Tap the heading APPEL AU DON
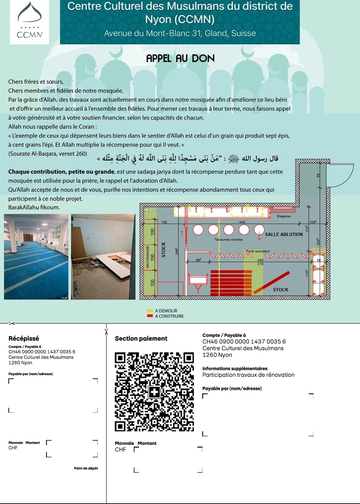180,58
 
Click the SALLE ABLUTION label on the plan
284,234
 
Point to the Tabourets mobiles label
229,239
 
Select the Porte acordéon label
258,251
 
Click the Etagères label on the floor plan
284,216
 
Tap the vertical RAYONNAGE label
147,257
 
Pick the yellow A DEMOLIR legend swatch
150,311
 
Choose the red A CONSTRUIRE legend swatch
150,316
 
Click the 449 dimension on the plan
242,222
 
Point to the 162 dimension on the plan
164,222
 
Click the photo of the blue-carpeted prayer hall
36,257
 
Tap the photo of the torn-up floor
103,257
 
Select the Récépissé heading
24,338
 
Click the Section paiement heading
141,338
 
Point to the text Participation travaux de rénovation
248,375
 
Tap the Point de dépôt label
86,468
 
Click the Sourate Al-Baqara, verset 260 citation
48,154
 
